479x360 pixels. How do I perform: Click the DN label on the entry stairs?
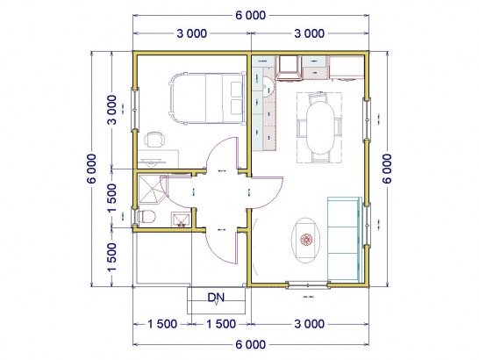pos(217,298)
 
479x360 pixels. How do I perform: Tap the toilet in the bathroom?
pos(147,217)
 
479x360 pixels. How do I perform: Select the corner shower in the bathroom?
pos(153,190)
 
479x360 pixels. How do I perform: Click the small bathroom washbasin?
pos(181,220)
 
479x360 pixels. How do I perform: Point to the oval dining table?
pos(320,127)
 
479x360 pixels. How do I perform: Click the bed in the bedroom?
pos(207,97)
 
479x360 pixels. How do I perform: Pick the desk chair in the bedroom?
pos(154,140)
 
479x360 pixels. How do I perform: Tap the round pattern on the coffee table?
pos(306,240)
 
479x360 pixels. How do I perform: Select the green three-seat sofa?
pos(344,239)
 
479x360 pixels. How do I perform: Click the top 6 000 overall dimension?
pos(251,15)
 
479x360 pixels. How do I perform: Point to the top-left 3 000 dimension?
pos(192,33)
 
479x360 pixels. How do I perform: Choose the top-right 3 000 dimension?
pos(310,33)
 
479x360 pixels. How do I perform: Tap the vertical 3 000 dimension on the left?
pos(112,110)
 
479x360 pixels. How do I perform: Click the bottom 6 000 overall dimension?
pos(251,344)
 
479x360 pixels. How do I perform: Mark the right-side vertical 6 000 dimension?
pos(387,169)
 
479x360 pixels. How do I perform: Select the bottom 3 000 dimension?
pos(310,324)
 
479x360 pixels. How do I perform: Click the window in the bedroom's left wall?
pos(135,110)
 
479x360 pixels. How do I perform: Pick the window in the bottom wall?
pos(308,285)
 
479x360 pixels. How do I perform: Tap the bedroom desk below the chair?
pos(158,159)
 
